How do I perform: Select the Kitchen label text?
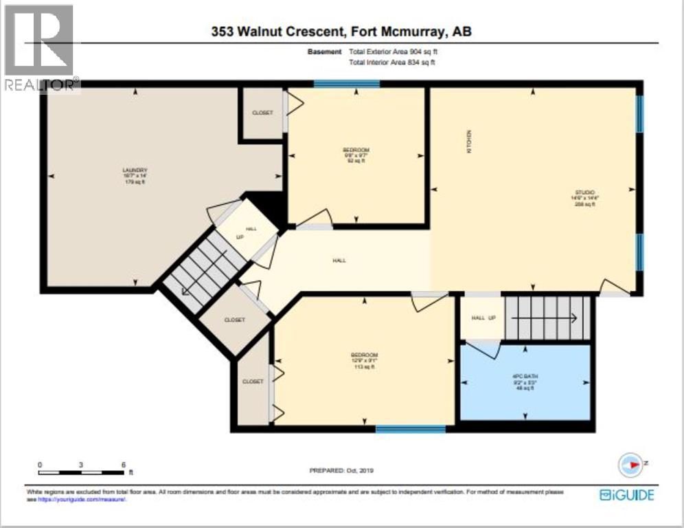click(x=470, y=141)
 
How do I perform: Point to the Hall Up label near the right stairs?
click(x=483, y=318)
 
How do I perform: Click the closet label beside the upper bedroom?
click(x=262, y=112)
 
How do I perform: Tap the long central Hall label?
click(x=339, y=261)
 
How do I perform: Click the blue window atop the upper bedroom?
click(x=347, y=84)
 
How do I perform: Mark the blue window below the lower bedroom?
click(x=410, y=429)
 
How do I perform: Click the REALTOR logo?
click(x=40, y=48)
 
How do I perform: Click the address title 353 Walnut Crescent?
click(x=341, y=32)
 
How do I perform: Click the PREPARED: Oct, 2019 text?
click(x=341, y=470)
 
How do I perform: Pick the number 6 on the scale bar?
click(x=122, y=465)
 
